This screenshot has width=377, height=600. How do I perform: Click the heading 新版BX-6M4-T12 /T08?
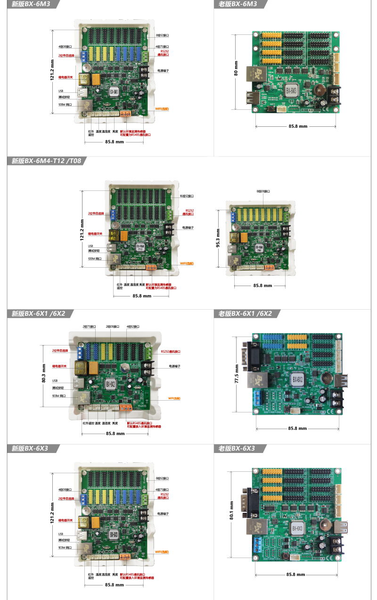(46, 161)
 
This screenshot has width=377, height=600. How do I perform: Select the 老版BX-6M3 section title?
(238, 4)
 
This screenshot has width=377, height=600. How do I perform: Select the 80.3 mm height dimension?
(44, 372)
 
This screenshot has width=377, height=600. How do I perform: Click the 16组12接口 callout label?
(187, 196)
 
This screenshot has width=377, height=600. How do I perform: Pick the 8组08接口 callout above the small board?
(263, 191)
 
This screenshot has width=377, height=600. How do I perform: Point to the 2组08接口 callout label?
(112, 326)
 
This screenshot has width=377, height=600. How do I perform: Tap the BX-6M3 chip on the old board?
(292, 90)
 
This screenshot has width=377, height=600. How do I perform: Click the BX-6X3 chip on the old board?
(297, 527)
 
